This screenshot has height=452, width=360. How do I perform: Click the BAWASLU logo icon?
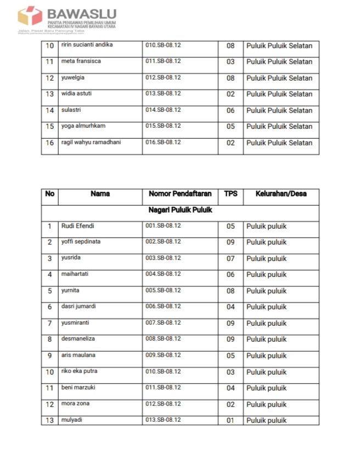point(31,15)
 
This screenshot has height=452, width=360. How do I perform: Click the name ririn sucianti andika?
point(87,45)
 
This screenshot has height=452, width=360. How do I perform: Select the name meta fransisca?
point(81,61)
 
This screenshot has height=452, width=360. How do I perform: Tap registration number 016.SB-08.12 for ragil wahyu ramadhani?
point(163,143)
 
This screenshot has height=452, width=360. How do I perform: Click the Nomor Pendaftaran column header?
point(179,194)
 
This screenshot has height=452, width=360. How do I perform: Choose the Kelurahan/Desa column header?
point(281,194)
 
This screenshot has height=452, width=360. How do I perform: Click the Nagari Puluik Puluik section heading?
point(180,210)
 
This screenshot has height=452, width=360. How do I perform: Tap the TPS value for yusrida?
point(230,258)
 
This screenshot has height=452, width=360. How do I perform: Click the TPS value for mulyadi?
point(230,420)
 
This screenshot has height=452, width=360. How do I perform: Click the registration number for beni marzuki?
point(163,388)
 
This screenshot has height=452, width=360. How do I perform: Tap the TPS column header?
point(230,194)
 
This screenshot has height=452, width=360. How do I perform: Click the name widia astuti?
point(76,94)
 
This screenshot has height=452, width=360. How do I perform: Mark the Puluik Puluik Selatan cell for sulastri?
point(279,110)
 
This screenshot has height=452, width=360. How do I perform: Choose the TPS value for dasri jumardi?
point(230,307)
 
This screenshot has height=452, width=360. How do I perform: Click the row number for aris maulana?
point(49,355)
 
